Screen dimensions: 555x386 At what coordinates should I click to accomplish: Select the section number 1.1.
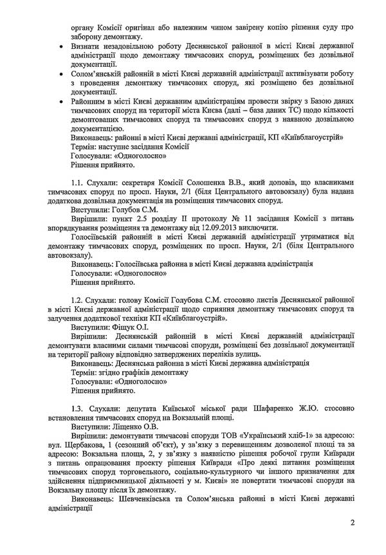(79, 184)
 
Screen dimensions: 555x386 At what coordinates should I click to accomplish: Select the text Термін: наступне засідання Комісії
(129, 146)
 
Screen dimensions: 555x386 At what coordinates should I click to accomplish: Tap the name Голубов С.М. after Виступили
(138, 210)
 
